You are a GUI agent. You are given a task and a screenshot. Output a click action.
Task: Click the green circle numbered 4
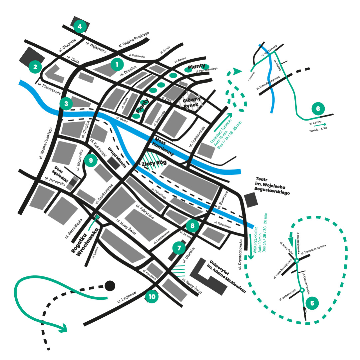click(80, 26)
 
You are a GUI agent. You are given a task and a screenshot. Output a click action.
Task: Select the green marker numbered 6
click(318, 109)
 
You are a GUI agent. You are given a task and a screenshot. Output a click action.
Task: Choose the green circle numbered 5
click(312, 303)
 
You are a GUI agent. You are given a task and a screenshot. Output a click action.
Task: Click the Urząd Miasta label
click(116, 157)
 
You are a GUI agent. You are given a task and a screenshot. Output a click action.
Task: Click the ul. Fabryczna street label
click(145, 211)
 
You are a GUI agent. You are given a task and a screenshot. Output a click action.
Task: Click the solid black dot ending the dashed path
click(110, 285)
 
